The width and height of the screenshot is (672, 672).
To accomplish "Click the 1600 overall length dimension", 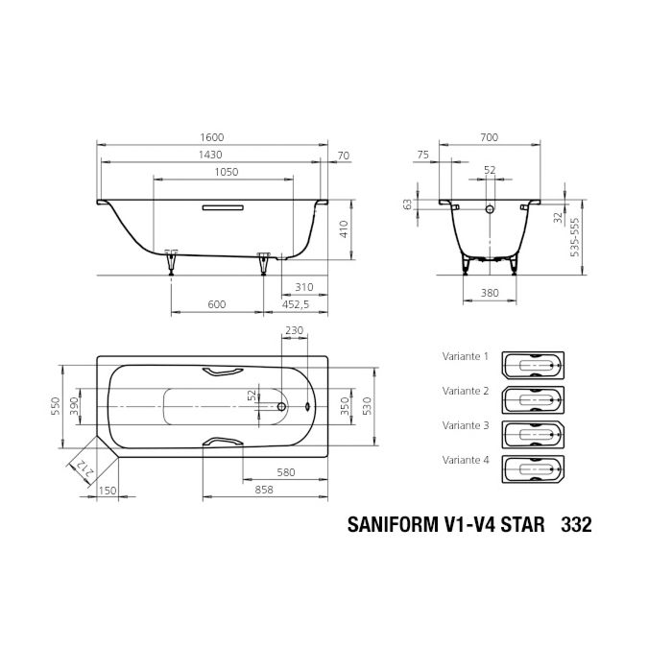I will coord(215,138).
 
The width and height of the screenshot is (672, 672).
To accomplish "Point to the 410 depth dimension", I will coord(344,228).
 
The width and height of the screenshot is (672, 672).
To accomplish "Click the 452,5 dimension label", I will coord(295,305).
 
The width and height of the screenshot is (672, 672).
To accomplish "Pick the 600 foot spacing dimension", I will coord(216,305).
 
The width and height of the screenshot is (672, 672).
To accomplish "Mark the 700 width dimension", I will coord(489,138).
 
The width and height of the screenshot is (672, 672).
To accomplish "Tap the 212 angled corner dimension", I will coord(81,469).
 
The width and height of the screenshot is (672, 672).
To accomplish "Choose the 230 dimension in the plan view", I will coord(294,331).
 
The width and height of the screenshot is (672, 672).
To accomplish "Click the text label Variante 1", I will coord(466,356).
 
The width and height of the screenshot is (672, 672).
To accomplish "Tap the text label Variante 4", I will coord(466,460).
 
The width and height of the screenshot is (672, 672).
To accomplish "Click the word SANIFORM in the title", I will coord(388,526).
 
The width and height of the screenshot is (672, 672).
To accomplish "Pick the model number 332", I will coord(575,526).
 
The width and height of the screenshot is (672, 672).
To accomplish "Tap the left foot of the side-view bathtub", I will coord(172,260).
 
